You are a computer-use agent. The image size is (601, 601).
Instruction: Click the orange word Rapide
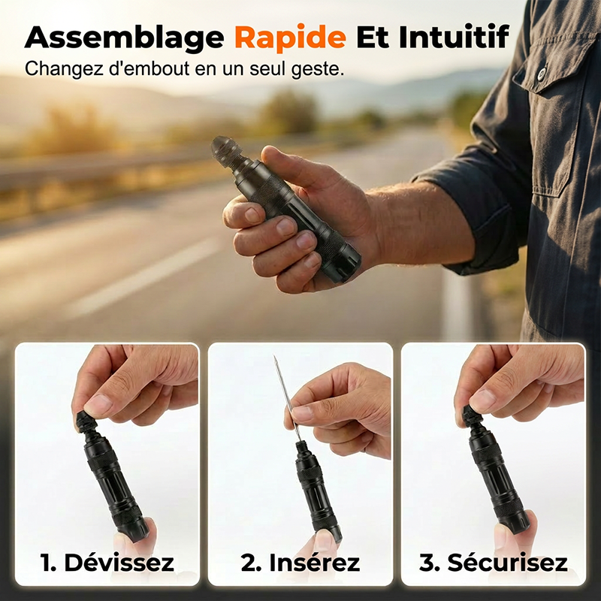(290, 37)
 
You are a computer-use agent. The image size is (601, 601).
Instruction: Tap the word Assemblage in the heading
(124, 38)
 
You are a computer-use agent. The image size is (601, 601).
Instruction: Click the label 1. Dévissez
(107, 562)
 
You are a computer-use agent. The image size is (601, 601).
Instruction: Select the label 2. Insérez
(300, 562)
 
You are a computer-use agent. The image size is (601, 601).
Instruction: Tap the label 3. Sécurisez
(494, 562)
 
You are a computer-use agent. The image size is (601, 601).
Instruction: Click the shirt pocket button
(542, 72)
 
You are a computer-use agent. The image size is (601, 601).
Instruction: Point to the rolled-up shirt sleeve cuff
(473, 215)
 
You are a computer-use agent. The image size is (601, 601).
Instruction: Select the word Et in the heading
(372, 37)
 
